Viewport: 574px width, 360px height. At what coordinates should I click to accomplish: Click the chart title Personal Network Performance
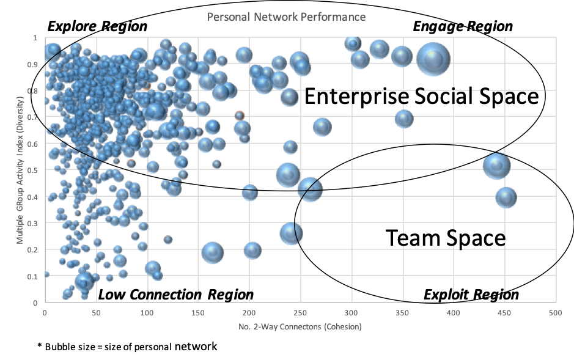click(286, 17)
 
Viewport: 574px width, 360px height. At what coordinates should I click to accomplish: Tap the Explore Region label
click(97, 26)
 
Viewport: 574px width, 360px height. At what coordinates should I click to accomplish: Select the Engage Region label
click(463, 26)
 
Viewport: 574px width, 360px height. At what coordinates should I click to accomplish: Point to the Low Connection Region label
click(175, 295)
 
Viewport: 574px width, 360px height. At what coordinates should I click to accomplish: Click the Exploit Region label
click(471, 295)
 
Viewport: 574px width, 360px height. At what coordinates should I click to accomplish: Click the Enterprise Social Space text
click(422, 96)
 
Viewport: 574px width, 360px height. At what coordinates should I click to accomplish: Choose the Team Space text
click(446, 238)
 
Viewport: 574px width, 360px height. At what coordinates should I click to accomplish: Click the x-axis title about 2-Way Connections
click(300, 326)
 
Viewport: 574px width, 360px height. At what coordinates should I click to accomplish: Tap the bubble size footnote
click(127, 347)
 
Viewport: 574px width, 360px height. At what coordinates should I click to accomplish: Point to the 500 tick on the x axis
click(555, 313)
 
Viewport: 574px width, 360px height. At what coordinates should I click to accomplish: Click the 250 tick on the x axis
click(300, 313)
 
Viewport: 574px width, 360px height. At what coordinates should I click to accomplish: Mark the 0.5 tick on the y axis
click(33, 170)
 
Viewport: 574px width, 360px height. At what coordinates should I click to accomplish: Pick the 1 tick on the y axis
click(35, 38)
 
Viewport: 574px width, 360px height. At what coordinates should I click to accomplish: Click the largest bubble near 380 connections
click(433, 59)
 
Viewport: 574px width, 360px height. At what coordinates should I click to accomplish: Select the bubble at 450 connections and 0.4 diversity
click(506, 197)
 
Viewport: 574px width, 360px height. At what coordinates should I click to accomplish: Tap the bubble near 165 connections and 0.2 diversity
click(213, 252)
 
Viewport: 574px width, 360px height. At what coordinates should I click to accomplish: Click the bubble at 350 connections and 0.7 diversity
click(404, 119)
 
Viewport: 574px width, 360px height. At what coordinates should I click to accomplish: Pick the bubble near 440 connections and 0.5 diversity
click(496, 166)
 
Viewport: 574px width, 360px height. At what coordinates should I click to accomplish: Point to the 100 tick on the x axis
click(147, 313)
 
